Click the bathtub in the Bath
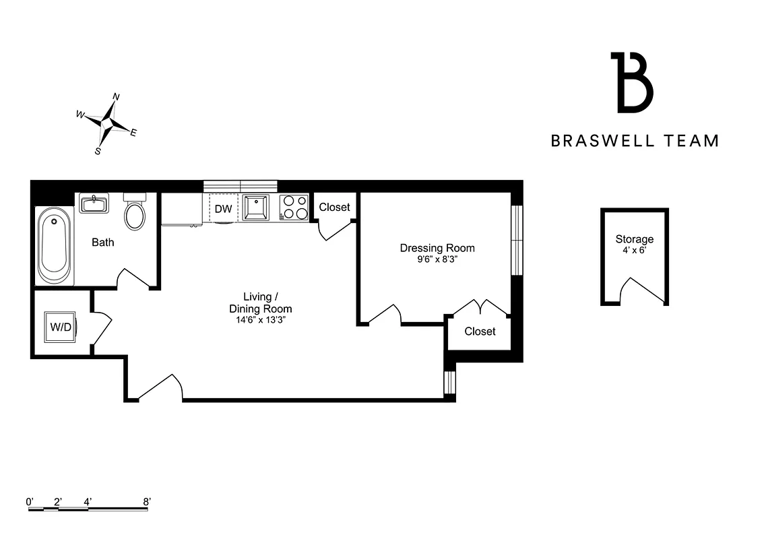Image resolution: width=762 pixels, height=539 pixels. click(x=54, y=247)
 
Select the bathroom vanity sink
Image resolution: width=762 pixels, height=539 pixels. click(x=94, y=202)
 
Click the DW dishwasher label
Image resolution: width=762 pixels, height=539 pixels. click(x=223, y=209)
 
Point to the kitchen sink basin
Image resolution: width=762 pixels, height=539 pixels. click(x=256, y=208)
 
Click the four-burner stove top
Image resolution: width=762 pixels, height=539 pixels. click(x=293, y=207)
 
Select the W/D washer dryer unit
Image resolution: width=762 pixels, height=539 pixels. click(x=61, y=327)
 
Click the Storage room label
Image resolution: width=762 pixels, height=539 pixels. click(x=634, y=239)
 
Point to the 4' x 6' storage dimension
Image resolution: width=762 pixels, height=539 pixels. click(x=634, y=250)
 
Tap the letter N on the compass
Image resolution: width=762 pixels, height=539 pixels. click(x=116, y=97)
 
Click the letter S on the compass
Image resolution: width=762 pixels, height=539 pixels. click(x=98, y=152)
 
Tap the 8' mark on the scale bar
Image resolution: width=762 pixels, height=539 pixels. click(x=147, y=501)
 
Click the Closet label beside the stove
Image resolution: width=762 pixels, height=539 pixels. click(x=334, y=207)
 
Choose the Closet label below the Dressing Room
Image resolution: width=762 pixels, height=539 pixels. click(x=480, y=331)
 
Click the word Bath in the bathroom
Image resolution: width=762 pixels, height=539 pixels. click(x=103, y=242)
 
